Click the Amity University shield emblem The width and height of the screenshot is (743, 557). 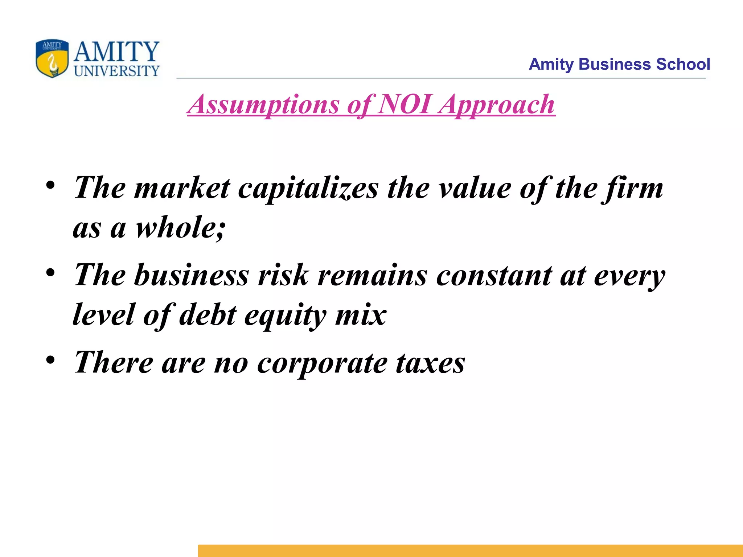52,58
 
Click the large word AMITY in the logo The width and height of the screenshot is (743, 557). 116,51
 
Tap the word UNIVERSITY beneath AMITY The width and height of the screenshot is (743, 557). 116,71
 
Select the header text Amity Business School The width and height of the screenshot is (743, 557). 619,64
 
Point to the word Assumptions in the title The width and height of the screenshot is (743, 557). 264,104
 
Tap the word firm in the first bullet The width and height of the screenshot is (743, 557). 633,189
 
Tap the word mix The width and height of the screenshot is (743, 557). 361,315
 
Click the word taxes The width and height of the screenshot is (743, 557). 430,363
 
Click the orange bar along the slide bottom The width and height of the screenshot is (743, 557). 470,550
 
